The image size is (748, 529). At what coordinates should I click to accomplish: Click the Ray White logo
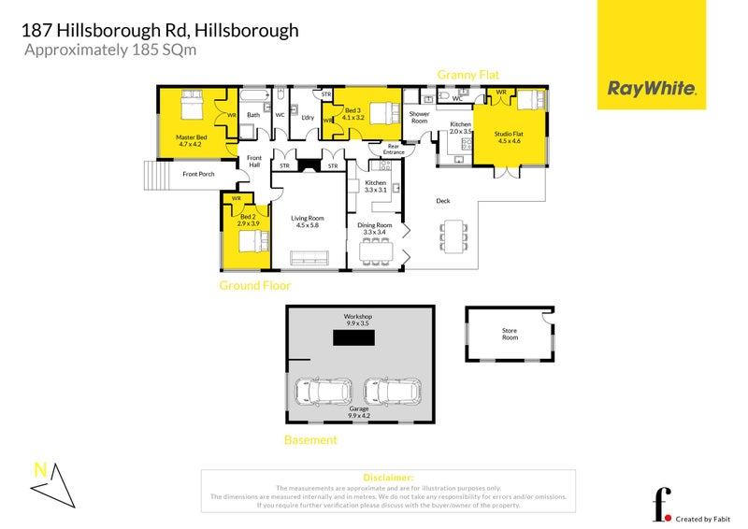click(652, 89)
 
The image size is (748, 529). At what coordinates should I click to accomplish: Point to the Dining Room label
click(375, 229)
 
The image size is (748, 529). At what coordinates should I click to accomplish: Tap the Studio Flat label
click(511, 138)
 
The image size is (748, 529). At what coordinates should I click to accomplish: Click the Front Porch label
click(198, 174)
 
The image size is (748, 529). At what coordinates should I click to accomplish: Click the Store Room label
click(510, 333)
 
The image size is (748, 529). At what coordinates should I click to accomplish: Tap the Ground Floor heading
click(254, 285)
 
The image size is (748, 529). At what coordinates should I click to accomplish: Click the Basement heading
click(310, 439)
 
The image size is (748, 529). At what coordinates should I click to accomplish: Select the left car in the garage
click(324, 391)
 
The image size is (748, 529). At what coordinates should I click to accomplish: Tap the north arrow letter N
click(39, 470)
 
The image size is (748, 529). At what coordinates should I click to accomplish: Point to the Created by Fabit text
click(704, 519)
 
